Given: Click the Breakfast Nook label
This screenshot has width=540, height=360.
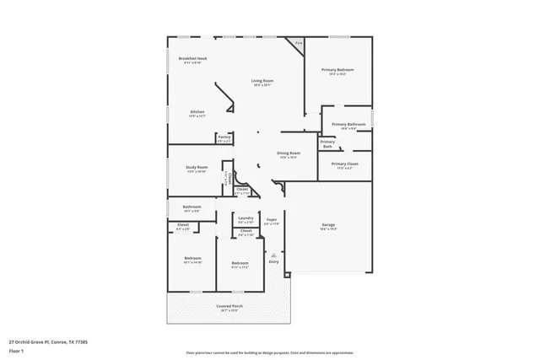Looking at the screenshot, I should point(193,58).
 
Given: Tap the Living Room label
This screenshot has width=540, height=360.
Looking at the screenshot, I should point(262,81).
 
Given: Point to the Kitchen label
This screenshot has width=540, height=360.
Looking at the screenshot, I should point(197,111).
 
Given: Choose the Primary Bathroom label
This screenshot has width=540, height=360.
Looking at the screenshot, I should point(348,124).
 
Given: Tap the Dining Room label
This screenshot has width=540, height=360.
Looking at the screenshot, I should point(289,153).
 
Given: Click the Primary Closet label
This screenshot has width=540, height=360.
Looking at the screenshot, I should point(344,164).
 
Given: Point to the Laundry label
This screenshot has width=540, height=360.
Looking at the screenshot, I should point(246,218).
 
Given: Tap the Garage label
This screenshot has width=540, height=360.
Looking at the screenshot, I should point(328,225).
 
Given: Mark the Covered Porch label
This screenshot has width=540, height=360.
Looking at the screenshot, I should point(229,306).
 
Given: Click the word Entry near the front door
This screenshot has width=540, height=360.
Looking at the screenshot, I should point(273,261).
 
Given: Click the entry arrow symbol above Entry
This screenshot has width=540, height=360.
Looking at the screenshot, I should point(273,253).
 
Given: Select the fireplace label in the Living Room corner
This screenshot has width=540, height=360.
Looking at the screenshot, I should point(298,42).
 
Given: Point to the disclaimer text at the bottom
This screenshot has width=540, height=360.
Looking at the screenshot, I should point(269,353).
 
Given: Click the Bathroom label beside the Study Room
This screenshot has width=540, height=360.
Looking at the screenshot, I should point(191,207).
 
